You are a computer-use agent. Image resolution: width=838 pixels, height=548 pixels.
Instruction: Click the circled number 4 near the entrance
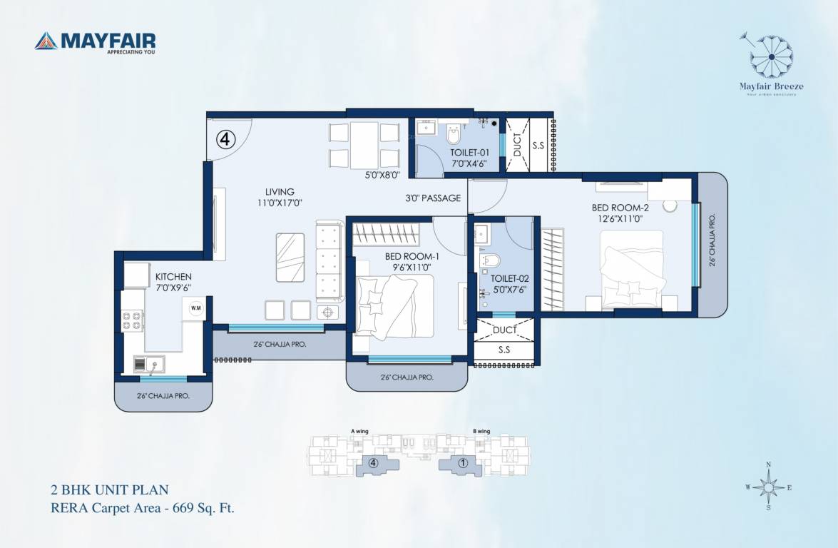click(225, 140)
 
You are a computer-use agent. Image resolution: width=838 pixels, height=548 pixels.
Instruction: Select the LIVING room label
click(280, 191)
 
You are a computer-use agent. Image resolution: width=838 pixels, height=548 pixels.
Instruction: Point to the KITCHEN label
click(173, 276)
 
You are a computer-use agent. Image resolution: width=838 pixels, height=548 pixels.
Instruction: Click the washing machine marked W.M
click(195, 308)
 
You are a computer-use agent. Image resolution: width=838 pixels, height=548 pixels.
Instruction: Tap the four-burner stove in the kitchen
click(132, 321)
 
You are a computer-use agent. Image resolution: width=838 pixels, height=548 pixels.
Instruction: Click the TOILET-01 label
click(469, 153)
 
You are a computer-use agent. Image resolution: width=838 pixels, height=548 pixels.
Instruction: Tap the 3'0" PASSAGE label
click(433, 198)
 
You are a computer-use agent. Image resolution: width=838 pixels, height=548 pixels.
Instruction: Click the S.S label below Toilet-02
click(504, 350)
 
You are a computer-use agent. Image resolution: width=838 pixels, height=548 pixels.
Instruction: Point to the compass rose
click(768, 487)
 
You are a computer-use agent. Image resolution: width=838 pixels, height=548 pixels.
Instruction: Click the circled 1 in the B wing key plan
click(463, 462)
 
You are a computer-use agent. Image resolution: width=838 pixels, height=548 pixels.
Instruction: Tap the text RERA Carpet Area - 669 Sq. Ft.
click(142, 508)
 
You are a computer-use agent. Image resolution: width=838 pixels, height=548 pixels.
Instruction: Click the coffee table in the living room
click(290, 258)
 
